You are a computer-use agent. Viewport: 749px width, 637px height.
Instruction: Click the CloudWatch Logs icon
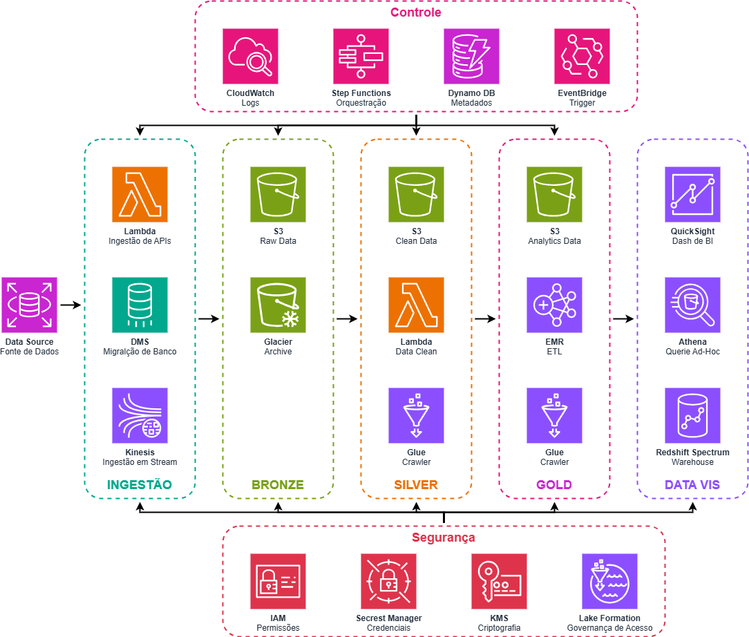point(250,56)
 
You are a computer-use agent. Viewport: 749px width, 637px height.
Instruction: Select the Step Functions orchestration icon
point(361,56)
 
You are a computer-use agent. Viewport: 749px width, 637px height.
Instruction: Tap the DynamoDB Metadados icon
point(471,56)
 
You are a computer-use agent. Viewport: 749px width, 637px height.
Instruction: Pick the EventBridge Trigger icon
point(582,56)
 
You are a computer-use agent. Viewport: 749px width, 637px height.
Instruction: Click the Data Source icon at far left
point(29,305)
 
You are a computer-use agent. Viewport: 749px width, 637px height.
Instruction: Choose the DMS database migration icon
point(140,305)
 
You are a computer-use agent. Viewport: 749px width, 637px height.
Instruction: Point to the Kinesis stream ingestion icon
point(140,415)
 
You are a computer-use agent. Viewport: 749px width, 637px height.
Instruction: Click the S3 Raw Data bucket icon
point(278,194)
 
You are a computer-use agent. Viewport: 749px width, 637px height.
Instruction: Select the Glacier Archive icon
point(278,305)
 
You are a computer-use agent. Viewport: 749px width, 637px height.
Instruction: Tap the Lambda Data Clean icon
point(416,305)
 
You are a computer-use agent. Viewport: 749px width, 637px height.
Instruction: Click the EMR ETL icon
point(554,305)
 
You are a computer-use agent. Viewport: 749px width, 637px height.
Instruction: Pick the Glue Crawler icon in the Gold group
point(554,415)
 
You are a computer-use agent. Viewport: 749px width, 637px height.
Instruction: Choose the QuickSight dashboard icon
point(692,194)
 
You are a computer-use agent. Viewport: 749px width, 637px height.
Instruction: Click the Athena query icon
point(692,305)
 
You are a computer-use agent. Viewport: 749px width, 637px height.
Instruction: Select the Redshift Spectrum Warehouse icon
point(692,415)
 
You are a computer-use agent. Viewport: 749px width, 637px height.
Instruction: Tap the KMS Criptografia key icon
point(499,581)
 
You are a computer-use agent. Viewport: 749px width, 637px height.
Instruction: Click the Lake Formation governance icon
point(609,581)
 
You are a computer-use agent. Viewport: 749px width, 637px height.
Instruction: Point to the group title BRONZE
point(278,485)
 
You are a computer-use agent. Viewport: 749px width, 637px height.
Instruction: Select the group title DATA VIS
point(692,485)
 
